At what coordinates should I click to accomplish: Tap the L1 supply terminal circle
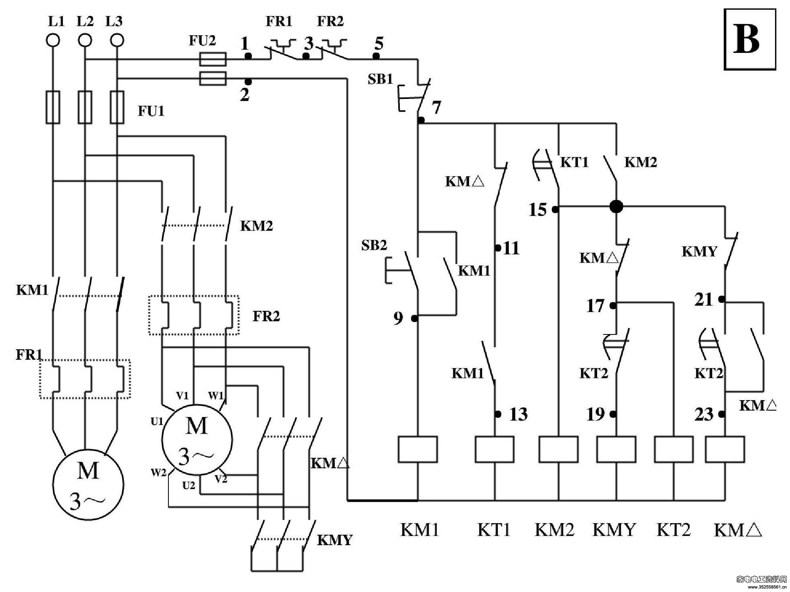53,40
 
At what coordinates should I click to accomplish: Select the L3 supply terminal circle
117,40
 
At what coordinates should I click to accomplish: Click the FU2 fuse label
202,40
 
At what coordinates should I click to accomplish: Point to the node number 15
537,209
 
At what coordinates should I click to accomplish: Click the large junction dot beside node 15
616,207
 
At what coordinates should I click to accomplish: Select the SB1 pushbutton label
380,79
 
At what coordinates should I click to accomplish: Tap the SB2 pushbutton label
374,245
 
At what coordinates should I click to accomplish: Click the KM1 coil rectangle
417,449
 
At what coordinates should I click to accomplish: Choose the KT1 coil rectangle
494,449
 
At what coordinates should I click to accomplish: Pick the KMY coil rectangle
616,449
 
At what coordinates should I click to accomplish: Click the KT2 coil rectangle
674,449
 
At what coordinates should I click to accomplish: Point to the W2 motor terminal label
158,473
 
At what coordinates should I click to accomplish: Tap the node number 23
704,415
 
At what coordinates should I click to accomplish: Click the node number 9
398,318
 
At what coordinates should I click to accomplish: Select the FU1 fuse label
151,111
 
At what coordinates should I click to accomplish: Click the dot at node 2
248,82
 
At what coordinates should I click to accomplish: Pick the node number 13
519,414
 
